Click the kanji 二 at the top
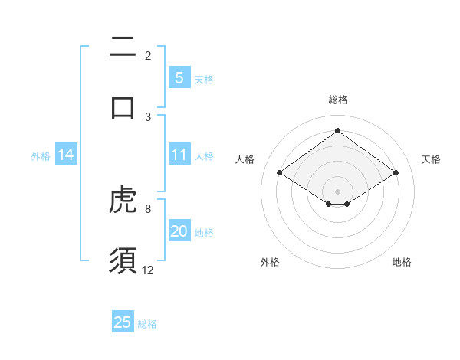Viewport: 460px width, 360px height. click(x=123, y=47)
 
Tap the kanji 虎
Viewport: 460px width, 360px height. click(x=123, y=201)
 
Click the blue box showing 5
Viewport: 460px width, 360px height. click(x=179, y=78)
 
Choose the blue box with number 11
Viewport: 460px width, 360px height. click(x=179, y=155)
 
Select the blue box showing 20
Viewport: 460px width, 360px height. click(x=179, y=232)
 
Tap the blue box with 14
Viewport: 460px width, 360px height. click(x=66, y=155)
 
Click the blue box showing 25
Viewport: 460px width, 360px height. click(x=123, y=322)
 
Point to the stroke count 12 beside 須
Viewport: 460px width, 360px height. click(x=148, y=270)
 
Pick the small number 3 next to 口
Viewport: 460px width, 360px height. click(x=148, y=116)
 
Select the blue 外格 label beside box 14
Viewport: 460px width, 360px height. click(x=41, y=156)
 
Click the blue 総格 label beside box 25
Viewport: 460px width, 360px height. click(x=147, y=324)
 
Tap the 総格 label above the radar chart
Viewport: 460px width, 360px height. click(x=337, y=100)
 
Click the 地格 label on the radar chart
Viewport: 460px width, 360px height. click(x=402, y=262)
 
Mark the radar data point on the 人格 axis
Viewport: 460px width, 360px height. click(x=280, y=173)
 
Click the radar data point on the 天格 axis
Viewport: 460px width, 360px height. click(x=396, y=173)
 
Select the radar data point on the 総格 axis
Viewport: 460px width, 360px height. click(x=337, y=130)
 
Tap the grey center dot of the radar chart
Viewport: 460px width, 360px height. click(x=337, y=190)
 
